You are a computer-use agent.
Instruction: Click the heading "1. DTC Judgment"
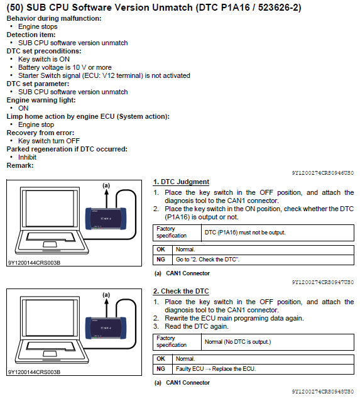click(181, 182)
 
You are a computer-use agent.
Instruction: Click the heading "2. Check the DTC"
click(181, 291)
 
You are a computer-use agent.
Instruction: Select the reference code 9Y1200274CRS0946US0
click(323, 173)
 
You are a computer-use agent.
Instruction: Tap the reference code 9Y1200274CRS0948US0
click(323, 392)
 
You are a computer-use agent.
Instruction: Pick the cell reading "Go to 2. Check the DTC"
click(263, 260)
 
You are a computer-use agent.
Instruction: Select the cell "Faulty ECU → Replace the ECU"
click(263, 369)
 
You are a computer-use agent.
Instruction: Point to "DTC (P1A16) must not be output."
click(245, 233)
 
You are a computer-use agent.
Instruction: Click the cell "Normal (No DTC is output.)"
click(237, 342)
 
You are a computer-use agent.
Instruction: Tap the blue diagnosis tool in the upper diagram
click(106, 218)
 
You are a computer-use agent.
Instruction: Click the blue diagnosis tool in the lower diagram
click(106, 328)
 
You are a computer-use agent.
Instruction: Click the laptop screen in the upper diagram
click(50, 208)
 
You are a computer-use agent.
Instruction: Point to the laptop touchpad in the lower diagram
click(50, 354)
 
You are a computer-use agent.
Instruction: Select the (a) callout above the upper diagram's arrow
click(106, 185)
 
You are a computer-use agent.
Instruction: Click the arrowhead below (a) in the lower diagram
click(106, 302)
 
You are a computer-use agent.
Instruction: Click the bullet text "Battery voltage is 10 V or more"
click(65, 67)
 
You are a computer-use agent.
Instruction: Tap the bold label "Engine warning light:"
click(41, 100)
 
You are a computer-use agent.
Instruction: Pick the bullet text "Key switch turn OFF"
click(49, 141)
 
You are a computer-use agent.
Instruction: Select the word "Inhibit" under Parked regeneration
click(28, 157)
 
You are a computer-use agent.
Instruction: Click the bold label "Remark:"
click(20, 165)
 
